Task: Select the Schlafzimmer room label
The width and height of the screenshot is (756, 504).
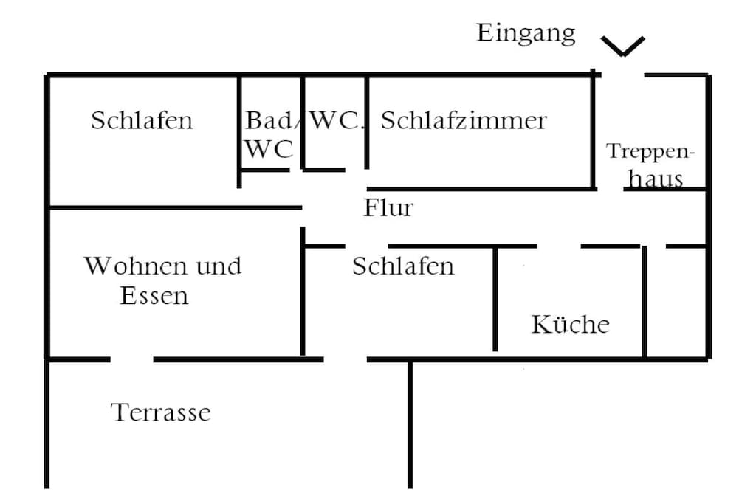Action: (464, 121)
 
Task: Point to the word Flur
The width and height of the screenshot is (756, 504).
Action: (388, 208)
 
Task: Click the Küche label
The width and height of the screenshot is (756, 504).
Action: (571, 324)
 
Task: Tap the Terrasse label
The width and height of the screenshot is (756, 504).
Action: (161, 412)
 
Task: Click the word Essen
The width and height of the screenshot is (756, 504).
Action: (154, 296)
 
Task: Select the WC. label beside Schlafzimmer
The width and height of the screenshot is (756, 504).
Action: (336, 120)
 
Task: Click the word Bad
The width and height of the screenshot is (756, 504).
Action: (268, 120)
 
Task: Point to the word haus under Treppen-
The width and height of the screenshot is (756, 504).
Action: (656, 179)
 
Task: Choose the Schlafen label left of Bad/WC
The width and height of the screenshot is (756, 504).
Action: (142, 120)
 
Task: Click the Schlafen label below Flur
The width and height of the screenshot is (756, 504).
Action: (403, 266)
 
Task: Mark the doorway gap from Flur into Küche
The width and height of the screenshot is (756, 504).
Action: (560, 246)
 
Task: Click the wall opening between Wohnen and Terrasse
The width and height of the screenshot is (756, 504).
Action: (131, 359)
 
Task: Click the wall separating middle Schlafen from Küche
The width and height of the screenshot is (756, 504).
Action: (495, 299)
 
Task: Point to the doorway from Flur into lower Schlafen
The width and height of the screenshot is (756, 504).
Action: (366, 246)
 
